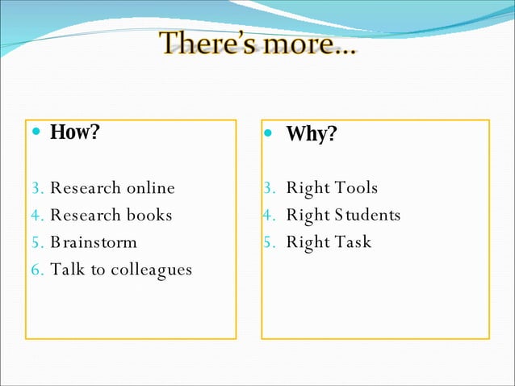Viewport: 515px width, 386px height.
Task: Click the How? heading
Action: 74,132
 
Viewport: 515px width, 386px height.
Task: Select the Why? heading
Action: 311,133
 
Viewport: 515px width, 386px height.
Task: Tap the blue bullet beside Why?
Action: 270,133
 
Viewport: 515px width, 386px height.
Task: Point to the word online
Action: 149,188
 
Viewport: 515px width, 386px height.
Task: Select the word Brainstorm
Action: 94,242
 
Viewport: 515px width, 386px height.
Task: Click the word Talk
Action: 67,269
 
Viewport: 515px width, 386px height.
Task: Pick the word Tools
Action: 355,188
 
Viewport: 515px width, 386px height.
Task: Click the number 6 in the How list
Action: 36,270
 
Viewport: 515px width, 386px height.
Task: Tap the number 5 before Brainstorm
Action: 36,242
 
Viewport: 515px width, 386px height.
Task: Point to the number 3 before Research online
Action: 36,188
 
